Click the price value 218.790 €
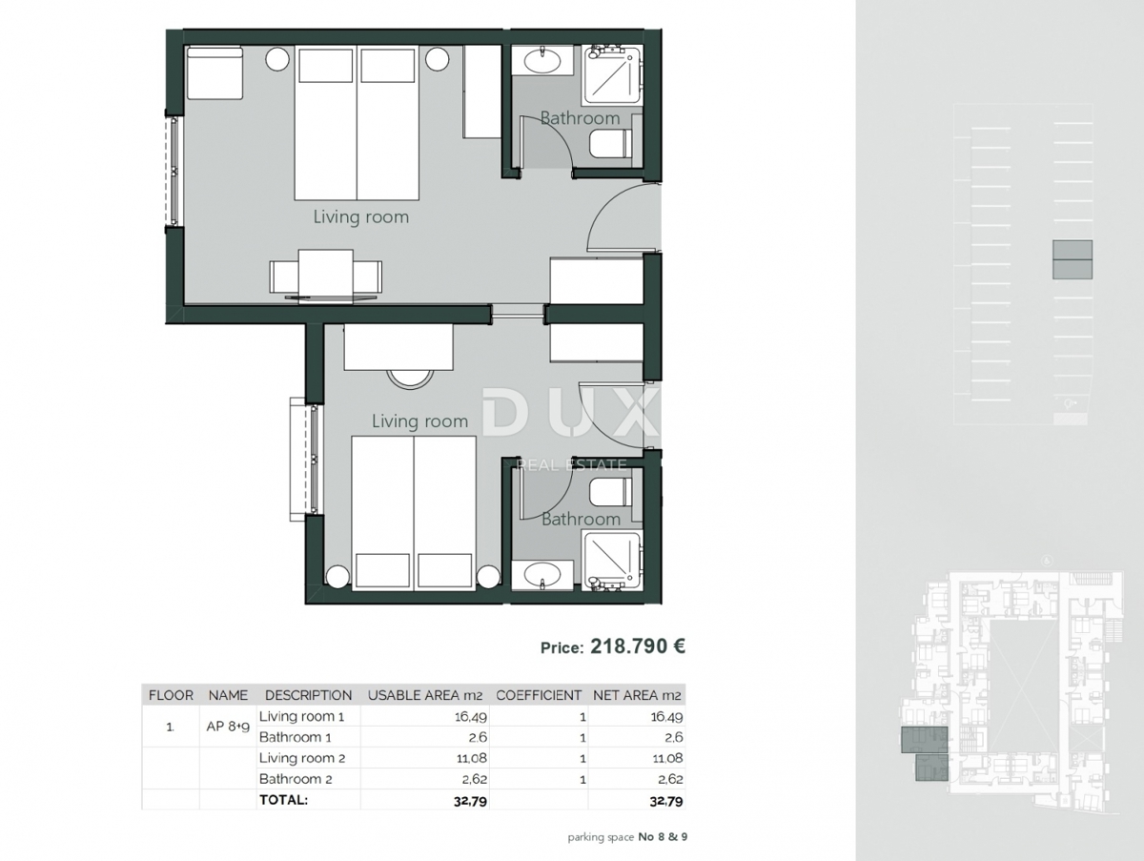(x=638, y=646)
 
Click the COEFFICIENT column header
(x=539, y=695)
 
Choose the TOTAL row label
(x=284, y=800)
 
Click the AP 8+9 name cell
(x=228, y=726)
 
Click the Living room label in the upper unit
(x=360, y=217)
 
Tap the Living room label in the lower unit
(x=419, y=421)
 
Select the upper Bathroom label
(x=580, y=118)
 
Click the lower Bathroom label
(x=580, y=520)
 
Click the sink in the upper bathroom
(x=542, y=60)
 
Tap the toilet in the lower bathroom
(x=610, y=491)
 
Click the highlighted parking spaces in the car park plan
(x=1072, y=259)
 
